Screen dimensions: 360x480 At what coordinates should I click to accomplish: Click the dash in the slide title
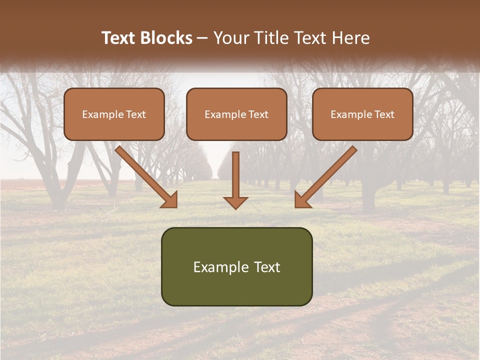point(202,38)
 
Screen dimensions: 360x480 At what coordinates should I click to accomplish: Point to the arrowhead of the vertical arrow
point(235,202)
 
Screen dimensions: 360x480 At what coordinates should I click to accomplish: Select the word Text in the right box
point(384,114)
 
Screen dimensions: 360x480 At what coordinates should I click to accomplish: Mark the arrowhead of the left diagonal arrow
point(170,200)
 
